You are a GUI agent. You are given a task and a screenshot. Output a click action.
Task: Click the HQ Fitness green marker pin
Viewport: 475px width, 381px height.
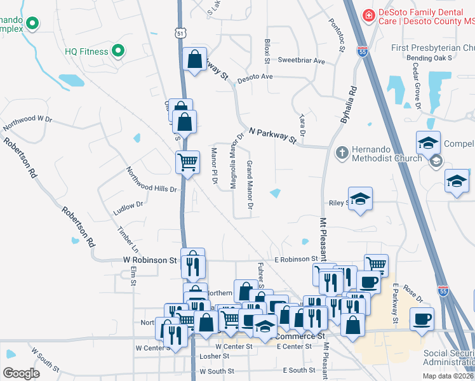117,50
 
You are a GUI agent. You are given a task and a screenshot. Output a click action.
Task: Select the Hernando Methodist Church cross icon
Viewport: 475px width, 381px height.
342,152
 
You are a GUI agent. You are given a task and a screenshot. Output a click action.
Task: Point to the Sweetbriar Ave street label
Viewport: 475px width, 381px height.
301,61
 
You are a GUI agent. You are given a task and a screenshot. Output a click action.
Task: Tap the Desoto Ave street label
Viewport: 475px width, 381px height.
255,77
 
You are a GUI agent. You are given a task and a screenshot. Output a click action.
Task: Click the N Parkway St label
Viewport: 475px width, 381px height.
273,135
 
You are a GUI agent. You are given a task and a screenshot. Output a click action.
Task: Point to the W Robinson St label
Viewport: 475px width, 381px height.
149,260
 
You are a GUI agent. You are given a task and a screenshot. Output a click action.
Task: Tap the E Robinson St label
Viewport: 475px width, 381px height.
297,259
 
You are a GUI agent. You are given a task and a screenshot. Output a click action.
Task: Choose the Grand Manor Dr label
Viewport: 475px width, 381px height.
250,185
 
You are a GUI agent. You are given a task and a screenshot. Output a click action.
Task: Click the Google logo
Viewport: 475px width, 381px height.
21,373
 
